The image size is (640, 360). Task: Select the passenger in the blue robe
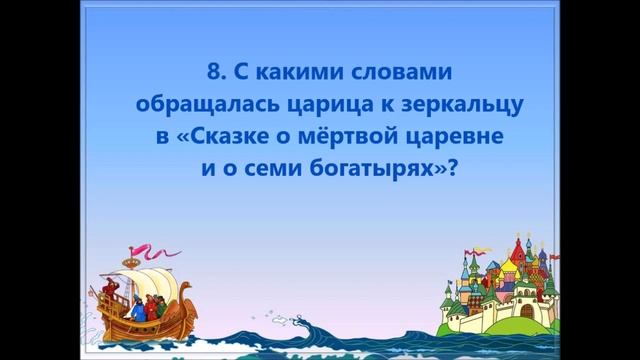(x=138, y=309)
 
